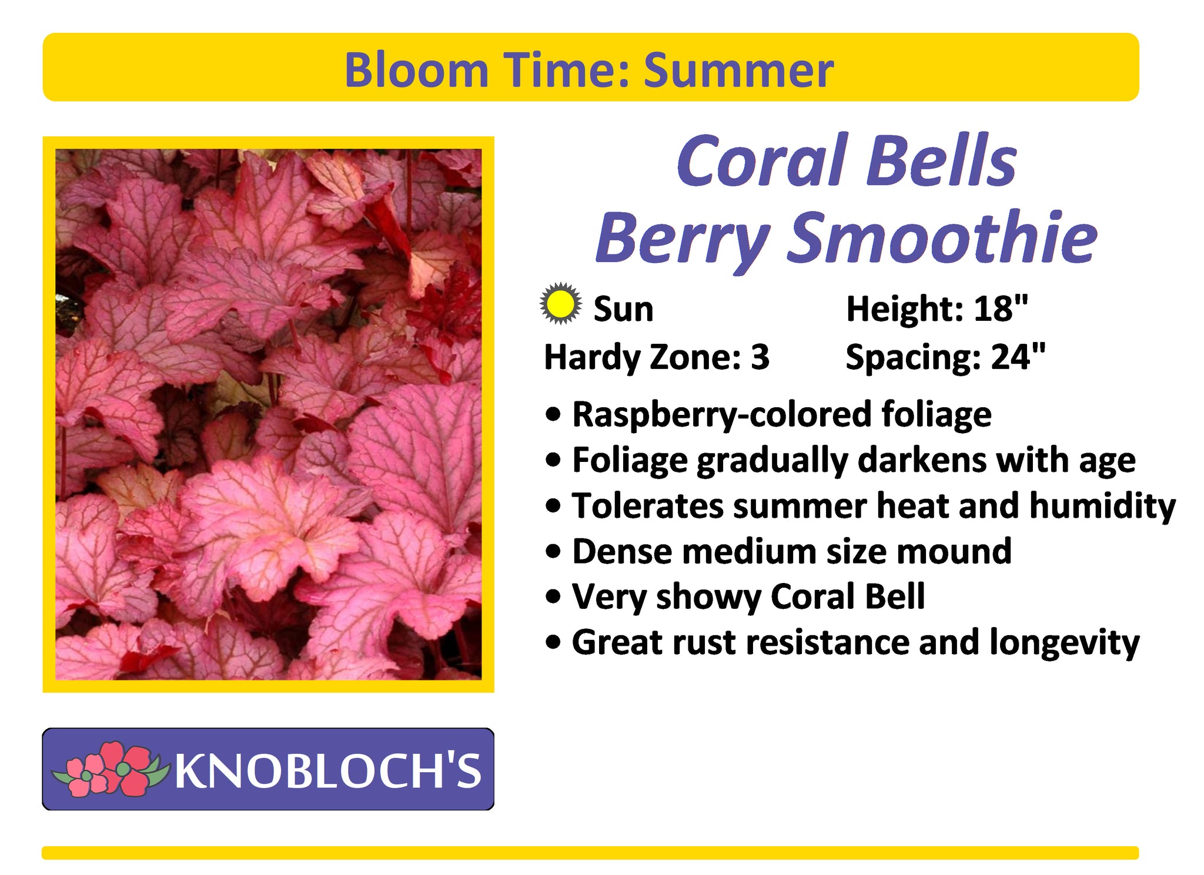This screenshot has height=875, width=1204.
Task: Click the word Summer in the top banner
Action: click(x=738, y=70)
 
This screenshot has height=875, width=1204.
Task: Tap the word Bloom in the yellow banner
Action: click(x=417, y=70)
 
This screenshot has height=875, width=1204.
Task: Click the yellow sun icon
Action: click(x=561, y=304)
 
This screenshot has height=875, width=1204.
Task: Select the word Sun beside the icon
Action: click(x=623, y=309)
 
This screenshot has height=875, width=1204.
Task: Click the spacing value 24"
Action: click(x=1018, y=357)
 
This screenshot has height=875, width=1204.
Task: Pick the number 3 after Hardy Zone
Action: click(x=760, y=357)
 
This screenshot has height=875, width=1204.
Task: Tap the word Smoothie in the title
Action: click(x=942, y=237)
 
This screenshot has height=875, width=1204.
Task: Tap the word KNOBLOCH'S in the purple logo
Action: click(x=328, y=770)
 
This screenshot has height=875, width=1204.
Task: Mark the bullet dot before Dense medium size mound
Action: click(x=553, y=552)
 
